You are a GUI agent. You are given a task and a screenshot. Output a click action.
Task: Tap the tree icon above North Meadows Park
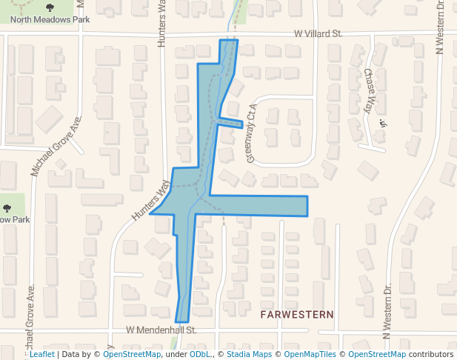[x=50, y=7]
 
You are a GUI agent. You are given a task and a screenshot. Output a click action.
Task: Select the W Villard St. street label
[x=318, y=33]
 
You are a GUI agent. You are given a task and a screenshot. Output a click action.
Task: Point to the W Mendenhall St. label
[x=160, y=329]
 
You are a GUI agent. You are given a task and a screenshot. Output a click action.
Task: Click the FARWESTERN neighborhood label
[x=296, y=315]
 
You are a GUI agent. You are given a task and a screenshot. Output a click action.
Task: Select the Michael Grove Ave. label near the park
[x=56, y=145]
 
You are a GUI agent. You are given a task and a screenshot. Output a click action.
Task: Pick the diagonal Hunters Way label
[x=147, y=200]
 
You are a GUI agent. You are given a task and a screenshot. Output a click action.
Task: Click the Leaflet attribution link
[x=41, y=354]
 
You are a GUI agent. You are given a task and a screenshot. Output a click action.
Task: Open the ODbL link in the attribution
[x=200, y=354]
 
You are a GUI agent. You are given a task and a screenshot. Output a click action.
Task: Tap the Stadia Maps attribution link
[x=247, y=354]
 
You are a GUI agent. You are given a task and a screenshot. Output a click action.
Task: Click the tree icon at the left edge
[x=7, y=209]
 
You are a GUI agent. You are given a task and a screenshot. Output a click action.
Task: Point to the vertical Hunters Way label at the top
[x=163, y=26]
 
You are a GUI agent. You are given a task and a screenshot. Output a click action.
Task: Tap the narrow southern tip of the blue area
[x=182, y=311]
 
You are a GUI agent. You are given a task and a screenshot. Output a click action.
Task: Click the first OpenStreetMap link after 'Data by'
[x=132, y=354]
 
